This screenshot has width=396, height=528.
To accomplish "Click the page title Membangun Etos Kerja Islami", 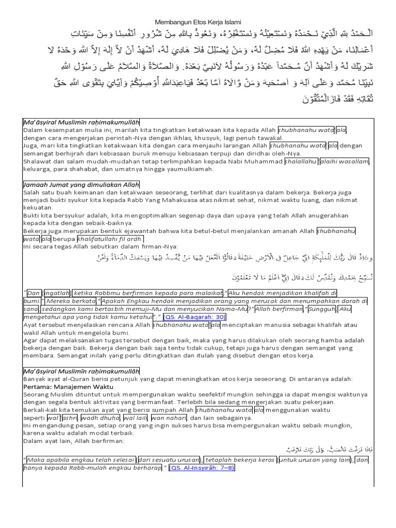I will (x=198, y=22).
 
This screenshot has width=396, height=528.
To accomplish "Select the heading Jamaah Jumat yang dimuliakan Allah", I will (x=81, y=185).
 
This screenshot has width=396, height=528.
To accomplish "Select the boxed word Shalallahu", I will (x=302, y=161).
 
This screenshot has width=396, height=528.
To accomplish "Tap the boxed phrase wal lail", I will (x=135, y=418).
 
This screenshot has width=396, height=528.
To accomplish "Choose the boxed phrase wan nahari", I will (x=168, y=418).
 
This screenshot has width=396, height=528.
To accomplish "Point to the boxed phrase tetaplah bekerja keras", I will (x=240, y=459).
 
